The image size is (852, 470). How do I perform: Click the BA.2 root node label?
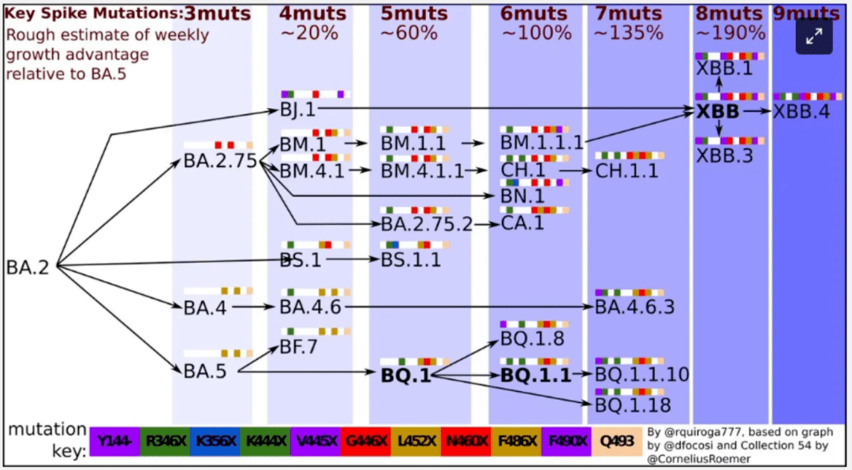(28, 267)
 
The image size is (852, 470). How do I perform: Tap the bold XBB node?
(717, 112)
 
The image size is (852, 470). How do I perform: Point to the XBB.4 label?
(802, 112)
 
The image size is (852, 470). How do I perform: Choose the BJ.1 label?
(297, 110)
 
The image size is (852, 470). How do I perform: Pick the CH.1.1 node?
(626, 170)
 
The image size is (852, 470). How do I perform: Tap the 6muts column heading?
(534, 13)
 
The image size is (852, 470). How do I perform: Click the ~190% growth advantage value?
(731, 33)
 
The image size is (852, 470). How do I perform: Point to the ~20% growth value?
(309, 33)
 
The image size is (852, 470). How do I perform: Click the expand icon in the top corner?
(813, 35)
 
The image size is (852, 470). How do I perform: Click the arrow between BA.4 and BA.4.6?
(252, 308)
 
